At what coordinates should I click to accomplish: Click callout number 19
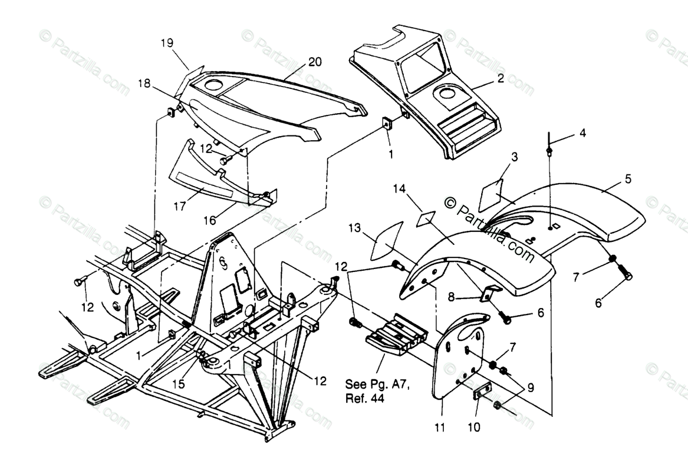(167, 42)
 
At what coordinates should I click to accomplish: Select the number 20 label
(315, 63)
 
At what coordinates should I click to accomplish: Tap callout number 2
(500, 78)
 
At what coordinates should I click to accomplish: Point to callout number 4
(582, 132)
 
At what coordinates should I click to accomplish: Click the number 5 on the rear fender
(627, 178)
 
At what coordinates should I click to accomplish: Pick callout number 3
(514, 157)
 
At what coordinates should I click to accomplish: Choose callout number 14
(400, 188)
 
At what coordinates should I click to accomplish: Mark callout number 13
(354, 228)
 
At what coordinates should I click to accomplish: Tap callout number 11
(439, 428)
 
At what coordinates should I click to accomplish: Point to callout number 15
(178, 384)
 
